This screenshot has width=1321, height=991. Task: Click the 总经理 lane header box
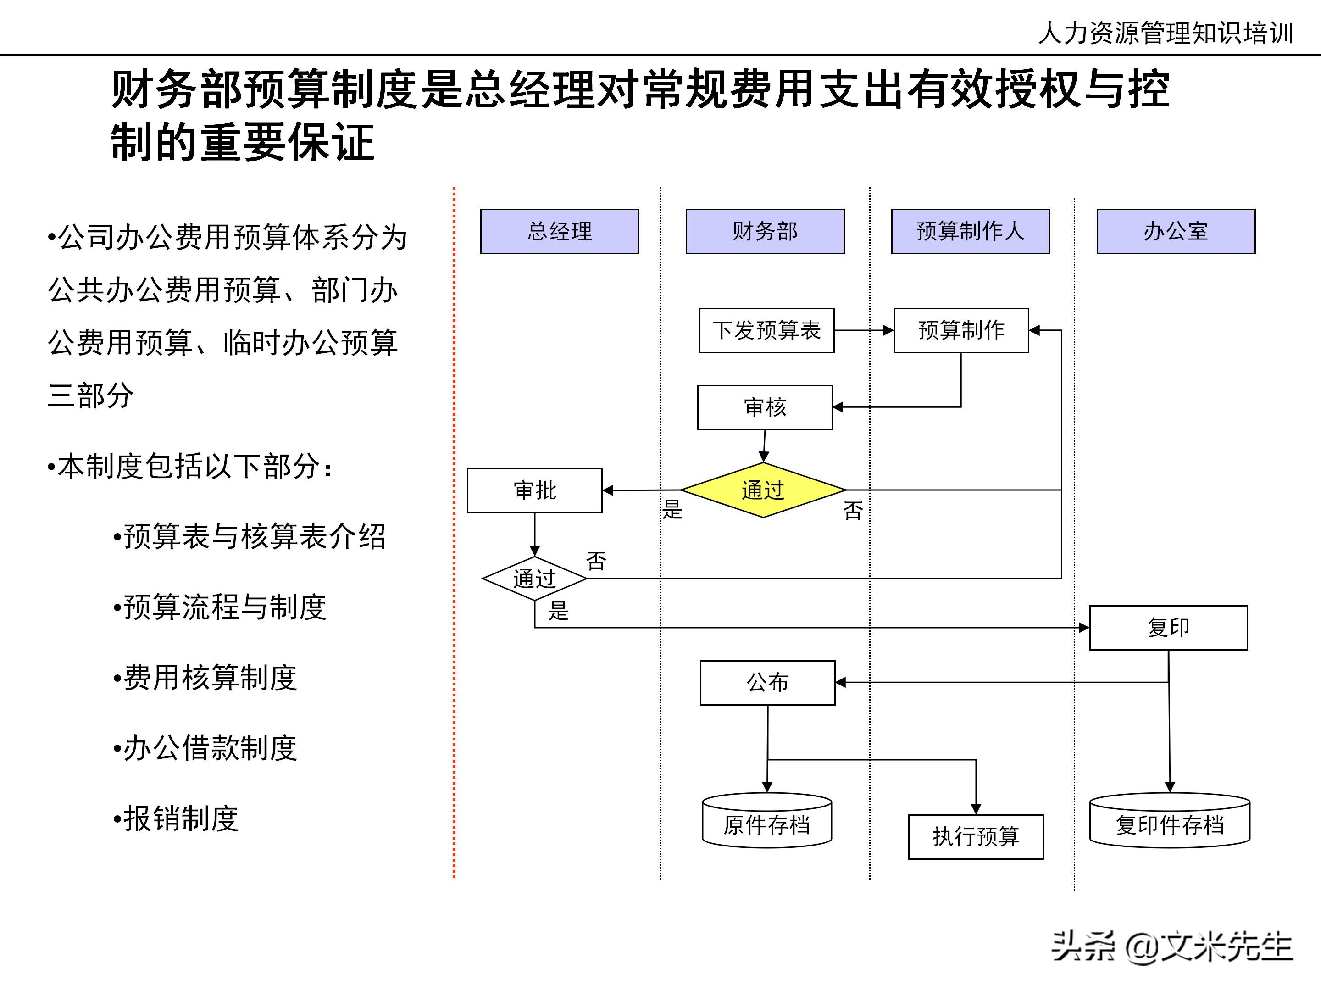tap(560, 231)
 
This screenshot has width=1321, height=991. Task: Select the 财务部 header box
tap(765, 231)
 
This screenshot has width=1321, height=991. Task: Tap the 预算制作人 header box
tap(971, 231)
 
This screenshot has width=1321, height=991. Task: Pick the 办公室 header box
tap(1176, 231)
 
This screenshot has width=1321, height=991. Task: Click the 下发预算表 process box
tap(767, 330)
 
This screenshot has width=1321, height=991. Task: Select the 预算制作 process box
tap(961, 330)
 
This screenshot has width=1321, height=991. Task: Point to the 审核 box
tap(765, 407)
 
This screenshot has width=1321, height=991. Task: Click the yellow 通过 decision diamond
tap(763, 490)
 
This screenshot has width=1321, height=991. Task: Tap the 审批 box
tap(534, 490)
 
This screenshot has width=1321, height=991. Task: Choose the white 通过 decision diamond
tap(534, 578)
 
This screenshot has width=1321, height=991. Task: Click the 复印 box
tap(1168, 628)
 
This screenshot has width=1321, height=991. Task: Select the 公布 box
tap(767, 683)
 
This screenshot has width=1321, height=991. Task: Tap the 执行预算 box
tap(976, 837)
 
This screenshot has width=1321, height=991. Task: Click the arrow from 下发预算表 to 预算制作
tap(864, 330)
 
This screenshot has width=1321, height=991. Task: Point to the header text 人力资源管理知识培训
tap(1165, 33)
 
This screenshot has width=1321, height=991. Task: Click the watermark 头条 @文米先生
tap(1172, 947)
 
